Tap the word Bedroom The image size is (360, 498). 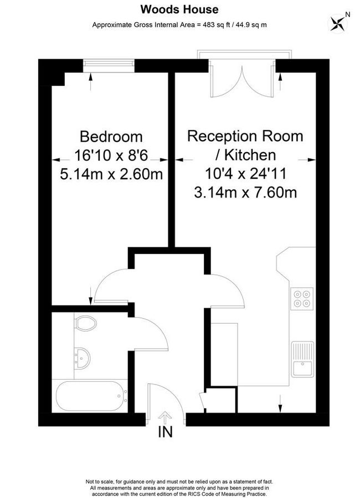click(111, 136)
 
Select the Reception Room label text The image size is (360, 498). click(245, 136)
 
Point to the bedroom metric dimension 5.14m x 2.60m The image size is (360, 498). click(111, 174)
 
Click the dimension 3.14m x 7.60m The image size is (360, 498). click(245, 193)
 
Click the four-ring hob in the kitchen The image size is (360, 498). click(302, 298)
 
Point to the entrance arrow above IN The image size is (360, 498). click(165, 417)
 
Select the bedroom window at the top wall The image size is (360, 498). click(109, 66)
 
